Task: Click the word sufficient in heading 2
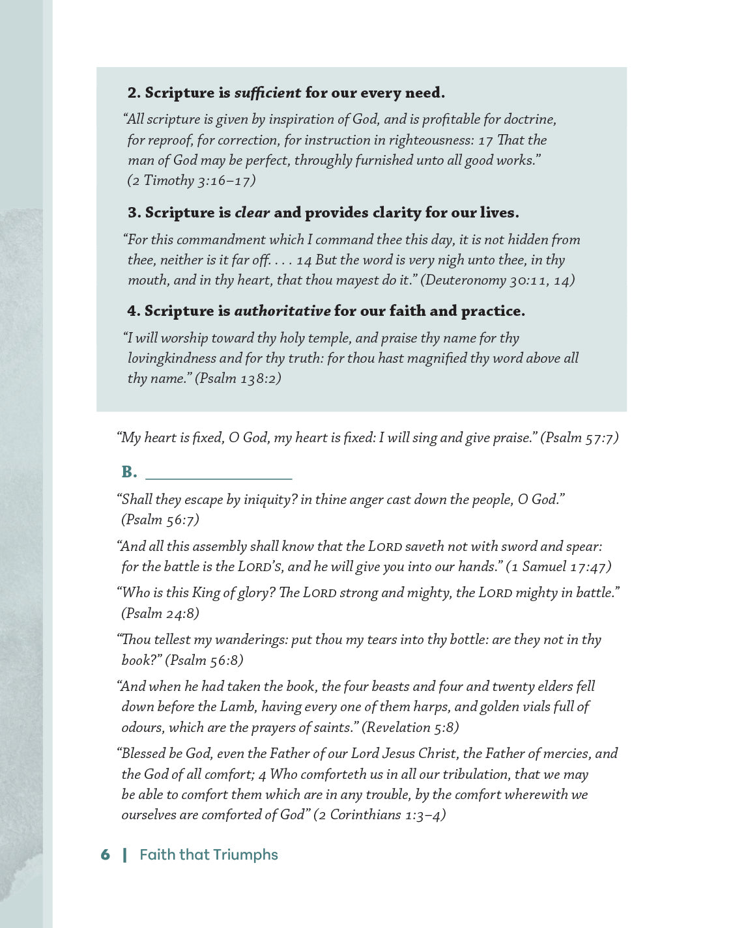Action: (x=267, y=93)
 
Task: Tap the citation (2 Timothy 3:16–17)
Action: (x=191, y=180)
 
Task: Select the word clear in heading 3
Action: (x=252, y=213)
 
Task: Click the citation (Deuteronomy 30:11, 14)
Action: (x=497, y=280)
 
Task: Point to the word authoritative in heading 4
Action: (x=282, y=311)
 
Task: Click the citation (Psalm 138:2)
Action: (x=238, y=378)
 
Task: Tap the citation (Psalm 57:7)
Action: (x=579, y=438)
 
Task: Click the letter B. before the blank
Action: (x=129, y=472)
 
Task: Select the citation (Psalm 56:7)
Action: (x=160, y=520)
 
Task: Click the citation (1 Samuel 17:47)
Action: (x=558, y=567)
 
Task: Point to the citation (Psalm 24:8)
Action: (x=160, y=613)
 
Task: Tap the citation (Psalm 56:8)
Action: (x=204, y=660)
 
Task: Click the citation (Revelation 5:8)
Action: (x=410, y=727)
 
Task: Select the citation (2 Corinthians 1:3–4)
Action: (x=379, y=815)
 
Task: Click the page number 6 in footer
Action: (x=105, y=855)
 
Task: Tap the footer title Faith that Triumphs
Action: (x=208, y=855)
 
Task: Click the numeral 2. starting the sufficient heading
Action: (x=134, y=93)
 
